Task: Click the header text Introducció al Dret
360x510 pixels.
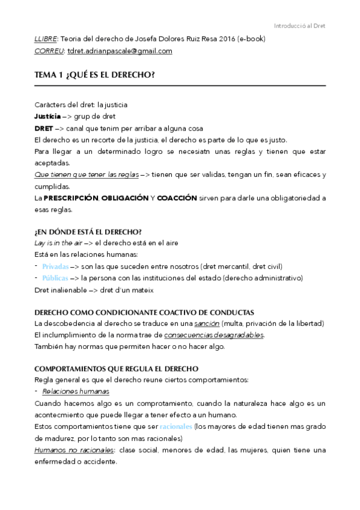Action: [x=299, y=26]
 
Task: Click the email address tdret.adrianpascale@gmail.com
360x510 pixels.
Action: [x=120, y=51]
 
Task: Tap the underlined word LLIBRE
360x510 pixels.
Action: [x=46, y=39]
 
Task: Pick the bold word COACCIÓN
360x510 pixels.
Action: [x=177, y=198]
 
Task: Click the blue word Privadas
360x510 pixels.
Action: [x=55, y=266]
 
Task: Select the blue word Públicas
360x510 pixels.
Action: [x=55, y=278]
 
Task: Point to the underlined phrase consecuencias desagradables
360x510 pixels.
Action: [x=214, y=335]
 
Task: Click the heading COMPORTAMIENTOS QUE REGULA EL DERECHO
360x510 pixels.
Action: [x=117, y=369]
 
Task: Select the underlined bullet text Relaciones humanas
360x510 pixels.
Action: [x=76, y=392]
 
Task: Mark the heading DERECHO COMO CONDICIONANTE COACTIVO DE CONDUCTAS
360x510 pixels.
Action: [x=144, y=312]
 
